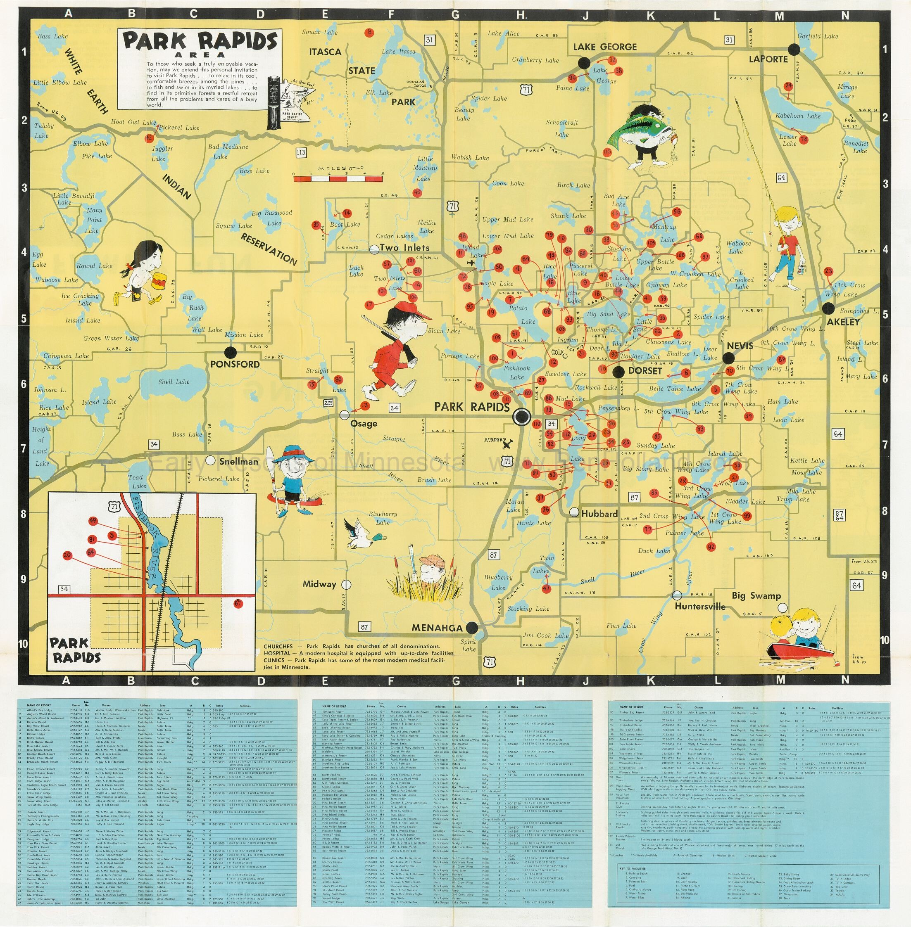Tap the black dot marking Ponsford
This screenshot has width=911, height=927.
click(x=231, y=353)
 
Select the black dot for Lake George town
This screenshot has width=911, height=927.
click(x=584, y=63)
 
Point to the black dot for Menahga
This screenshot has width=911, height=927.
click(x=472, y=628)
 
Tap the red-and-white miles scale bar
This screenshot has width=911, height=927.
click(x=338, y=179)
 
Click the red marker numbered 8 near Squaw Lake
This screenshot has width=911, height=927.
click(x=369, y=33)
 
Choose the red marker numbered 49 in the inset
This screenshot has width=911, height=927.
click(x=93, y=521)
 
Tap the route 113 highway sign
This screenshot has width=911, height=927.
click(x=300, y=153)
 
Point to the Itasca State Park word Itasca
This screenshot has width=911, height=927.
click(x=325, y=52)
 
